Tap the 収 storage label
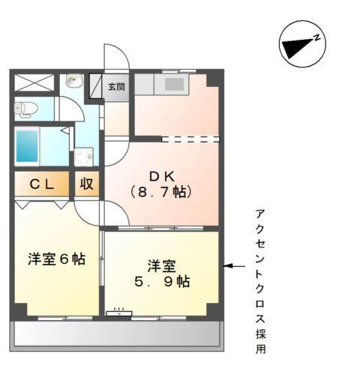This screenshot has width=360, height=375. (87, 184)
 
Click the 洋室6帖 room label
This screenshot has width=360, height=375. (56, 259)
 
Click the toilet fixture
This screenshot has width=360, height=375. (26, 108)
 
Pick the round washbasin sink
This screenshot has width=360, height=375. (73, 81)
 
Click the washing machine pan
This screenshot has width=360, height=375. (83, 157)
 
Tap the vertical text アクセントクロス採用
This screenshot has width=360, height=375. (259, 280)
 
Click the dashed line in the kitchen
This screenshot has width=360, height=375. (190, 138)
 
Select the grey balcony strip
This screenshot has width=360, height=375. (115, 333)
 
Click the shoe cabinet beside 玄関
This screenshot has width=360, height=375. (96, 86)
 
